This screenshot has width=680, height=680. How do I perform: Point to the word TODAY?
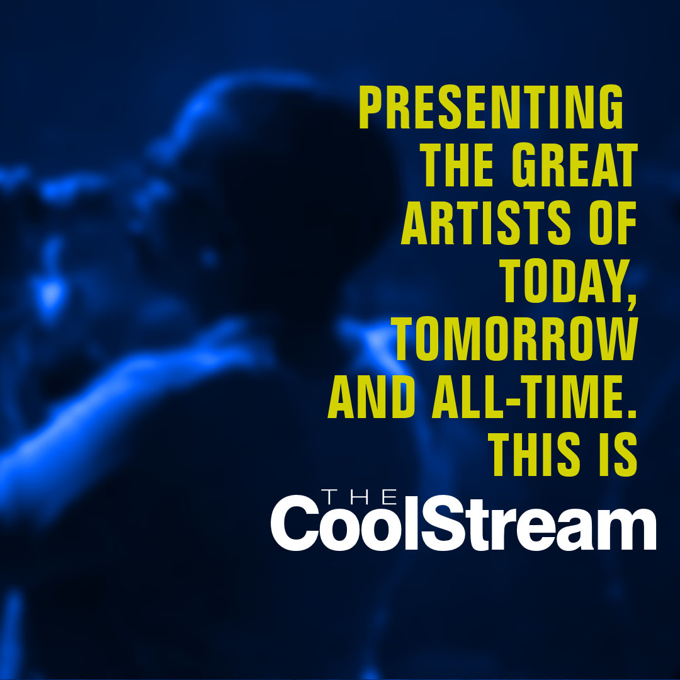click(x=560, y=283)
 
